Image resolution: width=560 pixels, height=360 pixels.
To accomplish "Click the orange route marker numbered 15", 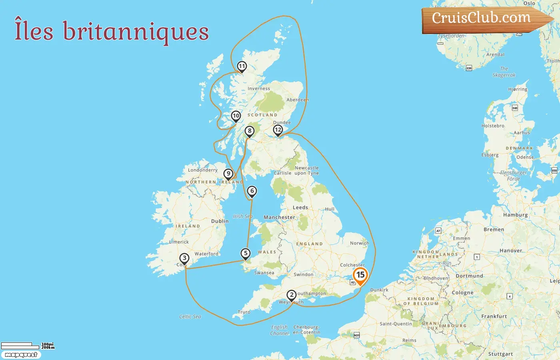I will coord(360,275).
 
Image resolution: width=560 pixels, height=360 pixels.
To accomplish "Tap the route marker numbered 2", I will coord(292,295).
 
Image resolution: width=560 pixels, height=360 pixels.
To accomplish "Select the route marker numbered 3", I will coord(184,258).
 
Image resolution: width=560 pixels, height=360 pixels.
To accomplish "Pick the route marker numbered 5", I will coord(246,253).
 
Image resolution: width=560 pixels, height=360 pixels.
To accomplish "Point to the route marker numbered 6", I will coord(252,191).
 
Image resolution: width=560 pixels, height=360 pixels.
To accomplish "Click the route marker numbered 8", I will coord(250,131).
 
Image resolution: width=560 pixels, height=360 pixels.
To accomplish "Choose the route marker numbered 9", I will coord(228,174).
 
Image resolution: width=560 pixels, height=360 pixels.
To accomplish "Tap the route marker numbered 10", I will coord(236,116).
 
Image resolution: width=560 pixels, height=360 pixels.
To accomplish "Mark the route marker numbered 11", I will coord(242,66).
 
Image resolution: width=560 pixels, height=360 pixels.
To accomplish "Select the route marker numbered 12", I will coord(278,130).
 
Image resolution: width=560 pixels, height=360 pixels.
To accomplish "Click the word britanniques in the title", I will coord(136,32).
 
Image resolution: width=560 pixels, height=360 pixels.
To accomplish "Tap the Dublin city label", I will coord(220,221).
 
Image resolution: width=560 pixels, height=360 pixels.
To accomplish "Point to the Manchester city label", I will coord(279,218).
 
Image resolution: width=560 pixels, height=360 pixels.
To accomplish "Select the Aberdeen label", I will coord(298,100).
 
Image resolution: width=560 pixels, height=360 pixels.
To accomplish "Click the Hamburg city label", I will coord(515,215).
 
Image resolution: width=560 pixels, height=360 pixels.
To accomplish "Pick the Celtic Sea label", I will coord(190,316).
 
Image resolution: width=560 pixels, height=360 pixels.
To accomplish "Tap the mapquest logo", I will coord(21,355).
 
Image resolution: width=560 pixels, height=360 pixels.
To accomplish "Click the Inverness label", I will coord(259,89).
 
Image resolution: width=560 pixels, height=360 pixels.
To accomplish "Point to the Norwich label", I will coord(359,243).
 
